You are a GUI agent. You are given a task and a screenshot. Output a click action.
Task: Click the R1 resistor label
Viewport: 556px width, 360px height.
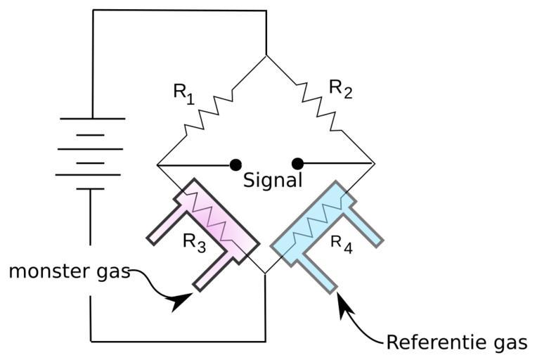182,94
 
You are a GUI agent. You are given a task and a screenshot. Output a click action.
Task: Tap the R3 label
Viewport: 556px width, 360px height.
194,242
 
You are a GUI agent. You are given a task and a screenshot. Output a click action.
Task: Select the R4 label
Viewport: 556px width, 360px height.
341,243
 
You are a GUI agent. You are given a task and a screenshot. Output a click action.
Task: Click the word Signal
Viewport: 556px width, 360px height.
273,180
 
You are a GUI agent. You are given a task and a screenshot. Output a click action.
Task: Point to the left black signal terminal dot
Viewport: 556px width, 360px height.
235,165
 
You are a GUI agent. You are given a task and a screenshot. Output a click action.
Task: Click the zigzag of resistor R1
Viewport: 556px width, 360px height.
210,110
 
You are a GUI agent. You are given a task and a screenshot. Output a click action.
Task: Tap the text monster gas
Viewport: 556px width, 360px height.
69,271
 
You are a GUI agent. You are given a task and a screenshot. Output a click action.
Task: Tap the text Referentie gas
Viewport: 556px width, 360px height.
456,342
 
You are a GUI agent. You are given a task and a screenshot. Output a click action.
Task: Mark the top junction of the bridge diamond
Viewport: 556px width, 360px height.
266,56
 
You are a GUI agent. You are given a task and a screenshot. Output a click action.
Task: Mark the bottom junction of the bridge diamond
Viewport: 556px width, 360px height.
266,274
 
